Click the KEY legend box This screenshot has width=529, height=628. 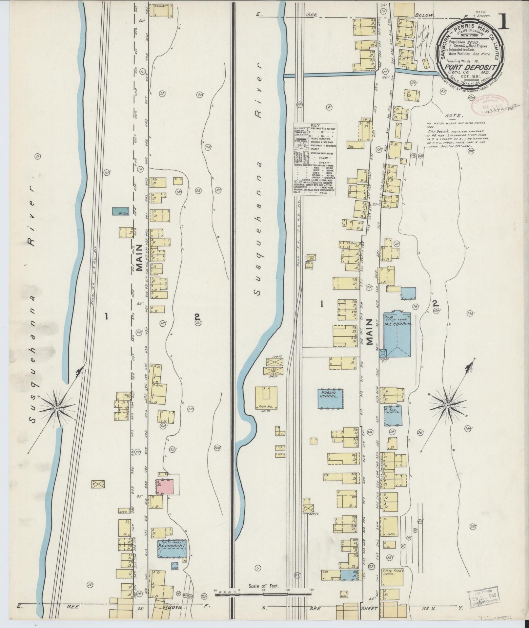point(314,159)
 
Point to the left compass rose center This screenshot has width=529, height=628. point(56,408)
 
